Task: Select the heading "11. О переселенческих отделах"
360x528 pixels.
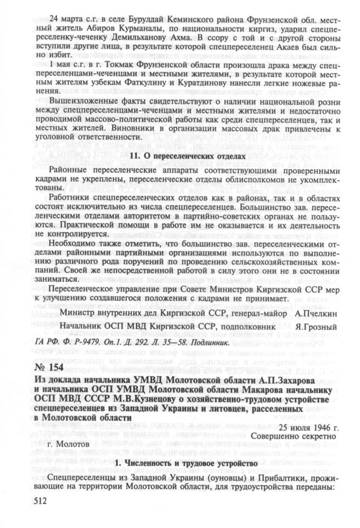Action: click(185, 156)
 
